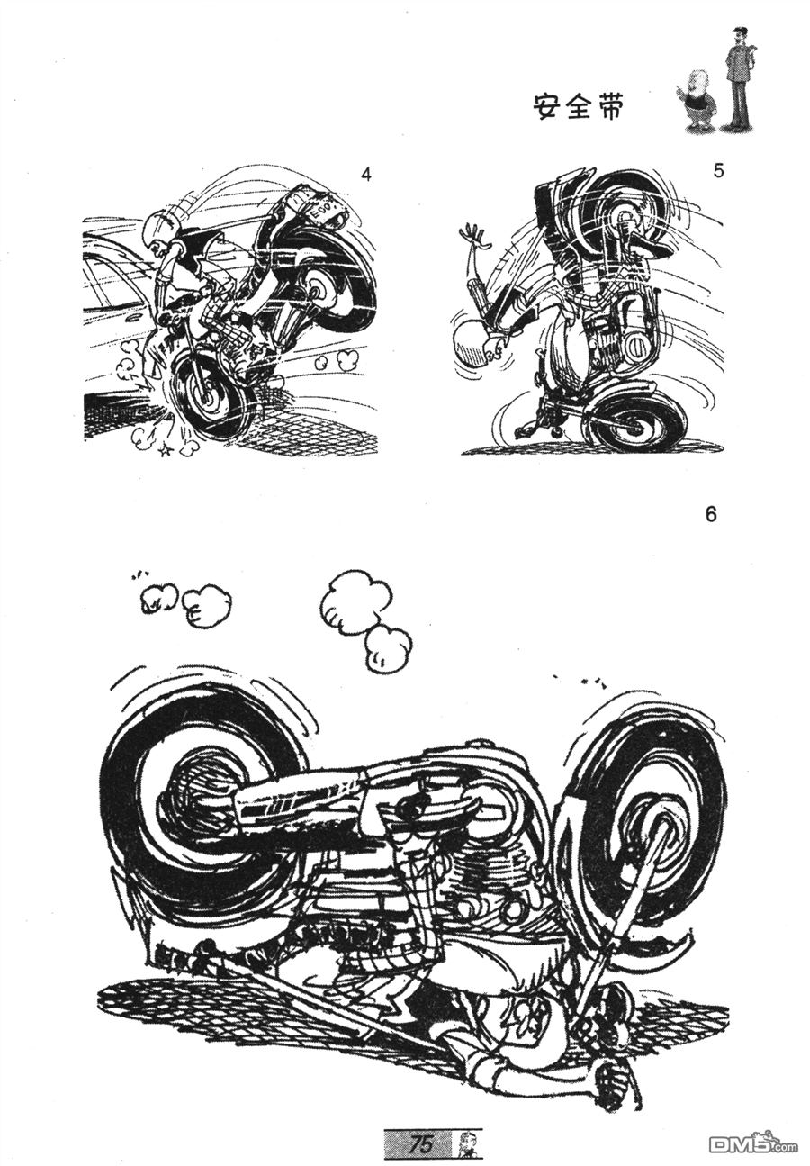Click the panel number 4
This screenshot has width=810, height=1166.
(x=367, y=175)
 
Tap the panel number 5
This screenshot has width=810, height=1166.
(x=718, y=171)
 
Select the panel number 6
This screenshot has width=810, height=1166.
(x=711, y=514)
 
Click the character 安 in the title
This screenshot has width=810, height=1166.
(x=549, y=107)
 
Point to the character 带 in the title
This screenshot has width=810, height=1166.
(x=607, y=107)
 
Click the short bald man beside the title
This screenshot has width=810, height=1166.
(x=697, y=103)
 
